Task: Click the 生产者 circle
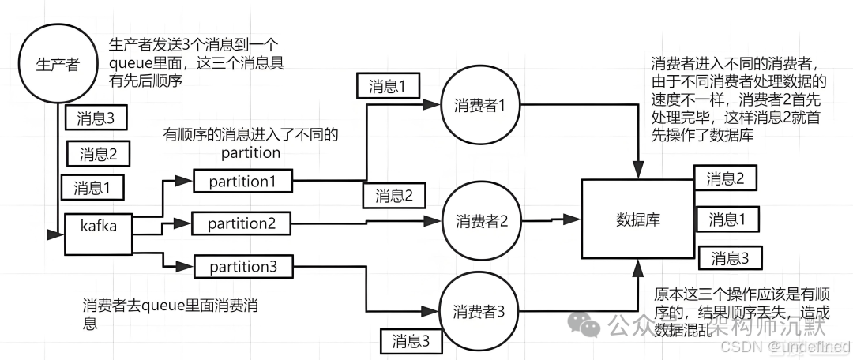click(x=58, y=64)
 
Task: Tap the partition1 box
click(x=243, y=181)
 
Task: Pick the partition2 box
click(x=242, y=224)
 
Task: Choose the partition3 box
click(x=242, y=267)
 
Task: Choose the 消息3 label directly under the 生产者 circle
click(x=96, y=118)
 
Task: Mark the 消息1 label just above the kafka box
click(x=92, y=188)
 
